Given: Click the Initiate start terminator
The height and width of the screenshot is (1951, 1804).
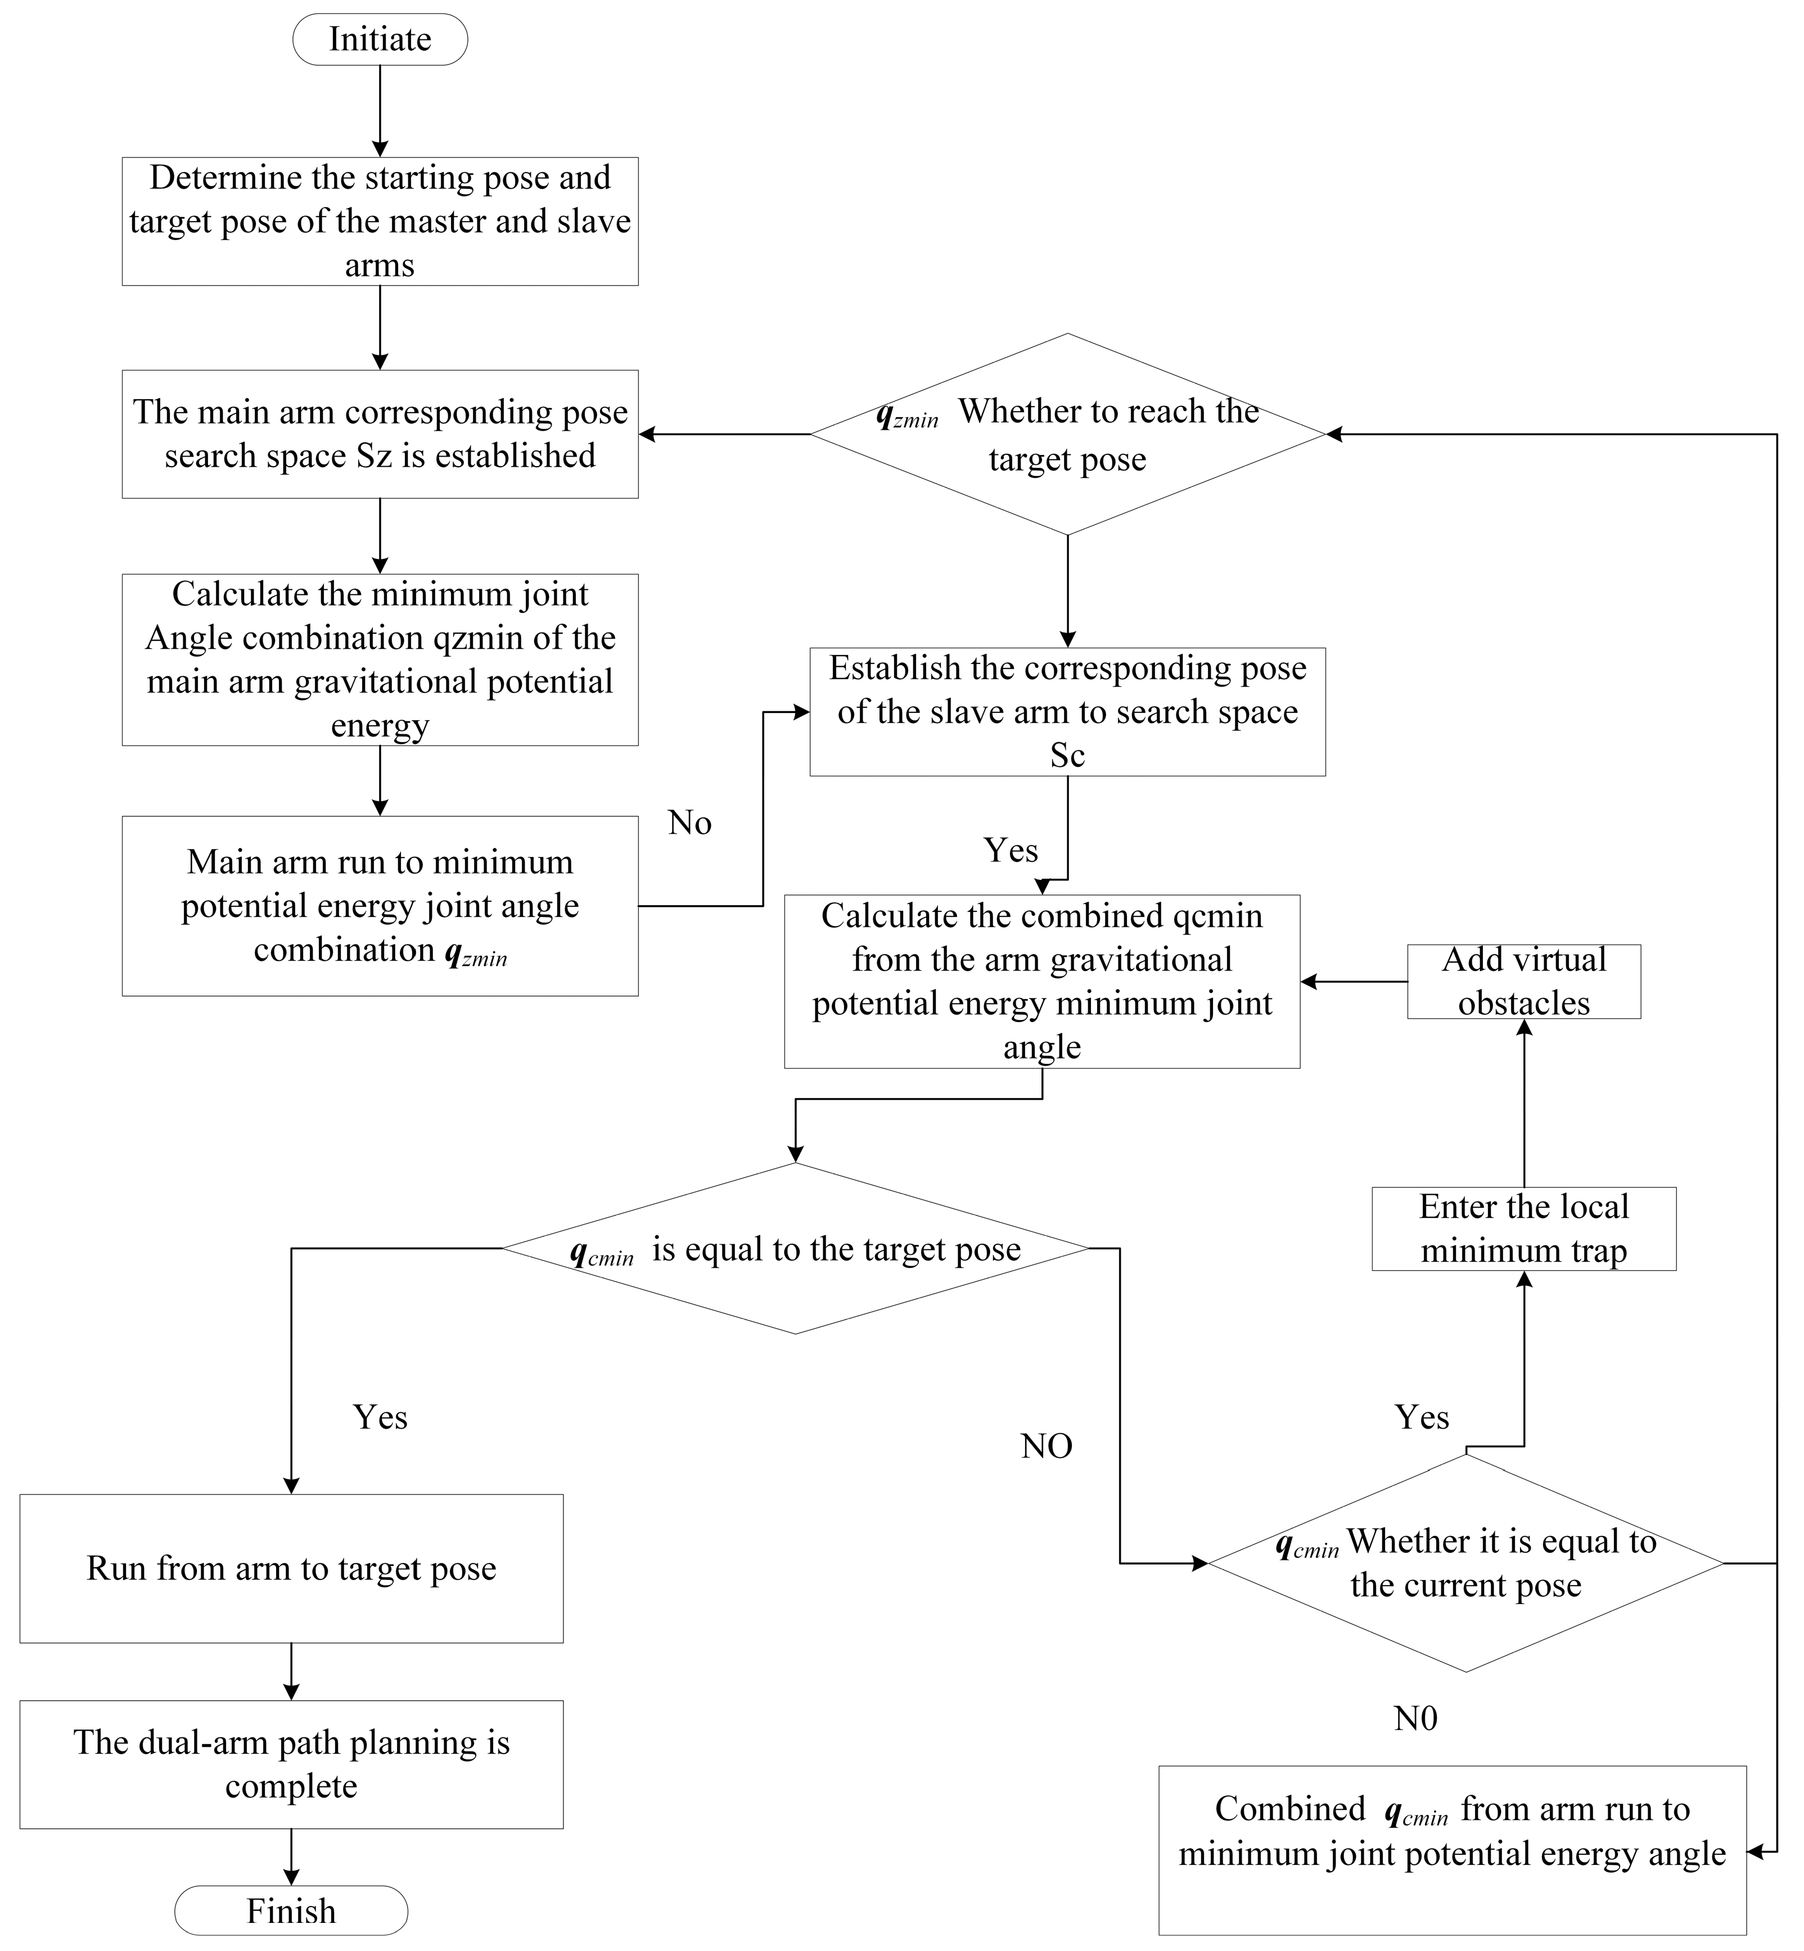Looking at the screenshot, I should pyautogui.click(x=380, y=39).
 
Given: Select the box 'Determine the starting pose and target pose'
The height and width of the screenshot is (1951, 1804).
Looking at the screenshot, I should pyautogui.click(x=380, y=222).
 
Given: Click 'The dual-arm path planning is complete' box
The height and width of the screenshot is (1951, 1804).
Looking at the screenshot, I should pyautogui.click(x=291, y=1764).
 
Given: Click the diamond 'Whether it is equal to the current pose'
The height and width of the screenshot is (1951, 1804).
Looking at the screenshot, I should pyautogui.click(x=1465, y=1562).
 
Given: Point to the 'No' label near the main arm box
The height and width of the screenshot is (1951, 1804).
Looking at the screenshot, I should pyautogui.click(x=689, y=823).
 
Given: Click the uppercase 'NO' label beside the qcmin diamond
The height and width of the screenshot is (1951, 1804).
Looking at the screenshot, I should pyautogui.click(x=1047, y=1446).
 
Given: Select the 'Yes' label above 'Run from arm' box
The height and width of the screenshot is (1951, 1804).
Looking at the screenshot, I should pyautogui.click(x=380, y=1416).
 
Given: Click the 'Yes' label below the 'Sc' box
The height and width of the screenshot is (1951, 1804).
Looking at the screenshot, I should pyautogui.click(x=1011, y=850).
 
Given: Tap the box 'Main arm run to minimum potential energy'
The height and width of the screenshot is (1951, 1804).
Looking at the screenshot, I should pyautogui.click(x=380, y=906).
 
